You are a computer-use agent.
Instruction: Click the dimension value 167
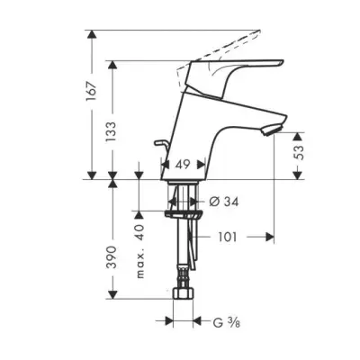coord(92,91)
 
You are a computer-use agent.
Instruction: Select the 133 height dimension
coord(111,132)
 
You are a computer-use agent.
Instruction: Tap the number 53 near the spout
coord(299,153)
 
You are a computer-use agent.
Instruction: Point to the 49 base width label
coord(183,164)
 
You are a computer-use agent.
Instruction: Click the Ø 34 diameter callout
coord(224,202)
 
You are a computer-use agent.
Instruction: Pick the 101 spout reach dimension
coord(227,238)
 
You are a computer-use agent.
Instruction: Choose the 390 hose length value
coord(112,257)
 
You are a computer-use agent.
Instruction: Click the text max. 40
coord(140,251)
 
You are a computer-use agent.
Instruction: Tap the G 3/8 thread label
coord(227,322)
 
